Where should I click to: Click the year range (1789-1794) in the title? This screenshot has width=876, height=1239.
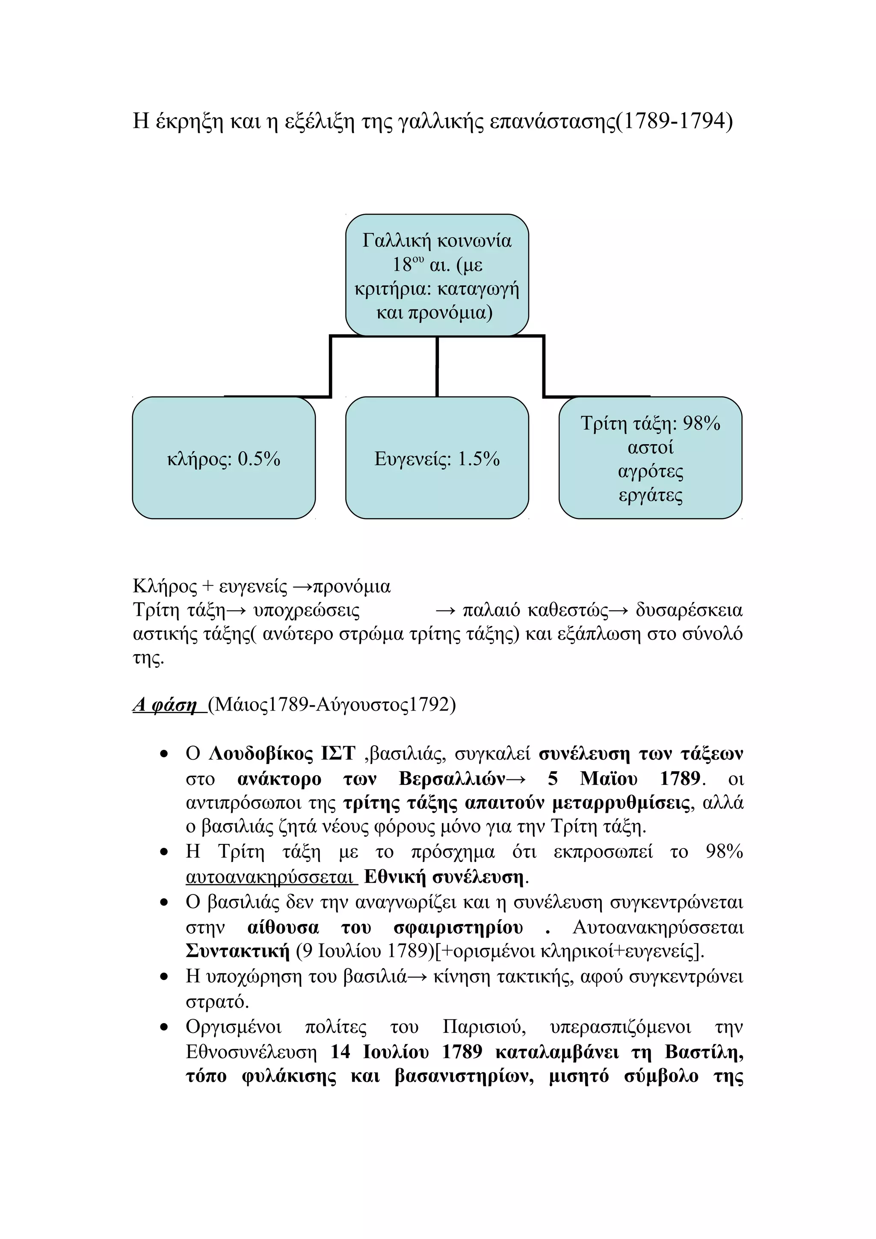click(675, 121)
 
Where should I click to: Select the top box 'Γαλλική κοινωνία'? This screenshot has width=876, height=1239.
click(437, 275)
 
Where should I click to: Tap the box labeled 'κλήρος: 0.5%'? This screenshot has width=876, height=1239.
click(223, 459)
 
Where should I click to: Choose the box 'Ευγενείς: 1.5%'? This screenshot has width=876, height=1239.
click(437, 459)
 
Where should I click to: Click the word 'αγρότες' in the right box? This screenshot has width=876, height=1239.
click(651, 471)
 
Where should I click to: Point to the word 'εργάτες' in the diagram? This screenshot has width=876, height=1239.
click(651, 495)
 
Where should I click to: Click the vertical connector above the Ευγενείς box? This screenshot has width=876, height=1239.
click(437, 366)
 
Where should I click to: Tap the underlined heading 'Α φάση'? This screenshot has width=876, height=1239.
click(165, 704)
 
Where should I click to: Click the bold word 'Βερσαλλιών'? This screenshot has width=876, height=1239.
click(452, 779)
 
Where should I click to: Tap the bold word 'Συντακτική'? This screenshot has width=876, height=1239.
click(237, 951)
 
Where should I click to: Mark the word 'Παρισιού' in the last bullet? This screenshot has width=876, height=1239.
click(484, 1027)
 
